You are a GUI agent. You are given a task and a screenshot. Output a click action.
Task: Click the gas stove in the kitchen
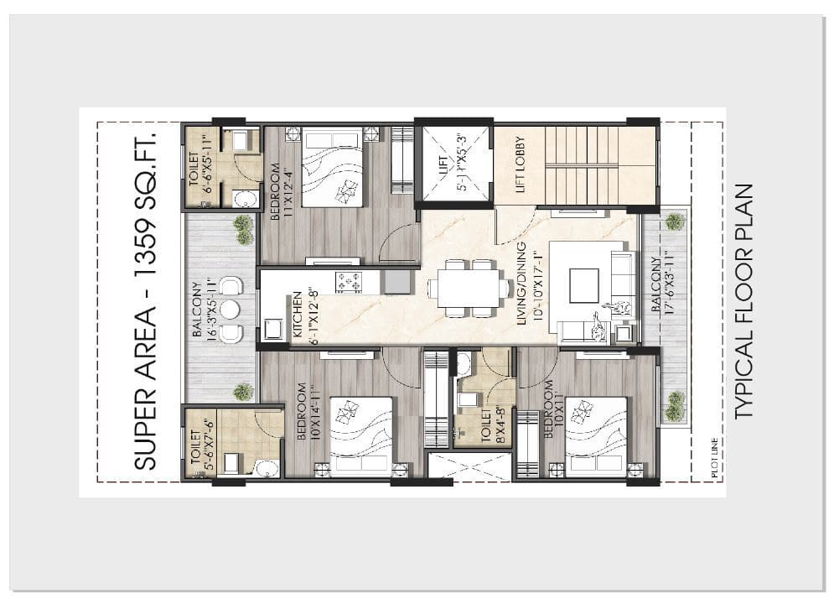[x=349, y=282]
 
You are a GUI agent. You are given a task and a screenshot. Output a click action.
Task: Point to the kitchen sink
[x=397, y=282]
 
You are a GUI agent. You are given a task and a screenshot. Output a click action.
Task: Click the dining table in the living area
[x=468, y=288]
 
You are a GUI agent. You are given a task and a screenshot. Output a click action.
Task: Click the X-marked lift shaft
[x=454, y=164]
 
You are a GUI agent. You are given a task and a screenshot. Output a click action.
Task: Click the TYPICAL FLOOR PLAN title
[x=744, y=301]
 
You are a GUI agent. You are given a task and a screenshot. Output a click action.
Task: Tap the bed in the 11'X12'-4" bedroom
[x=333, y=167]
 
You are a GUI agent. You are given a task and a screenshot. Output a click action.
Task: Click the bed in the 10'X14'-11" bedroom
[x=362, y=436]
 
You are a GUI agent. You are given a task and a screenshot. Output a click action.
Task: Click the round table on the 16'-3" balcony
[x=230, y=310]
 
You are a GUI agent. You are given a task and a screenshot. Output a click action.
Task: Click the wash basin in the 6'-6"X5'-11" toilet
[x=246, y=199]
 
